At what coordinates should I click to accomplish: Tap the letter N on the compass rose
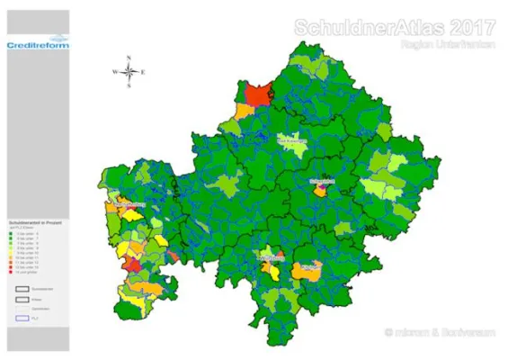129,58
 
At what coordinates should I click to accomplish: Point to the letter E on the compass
144,72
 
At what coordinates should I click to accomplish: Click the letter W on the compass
115,72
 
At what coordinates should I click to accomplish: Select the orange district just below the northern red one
244,112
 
